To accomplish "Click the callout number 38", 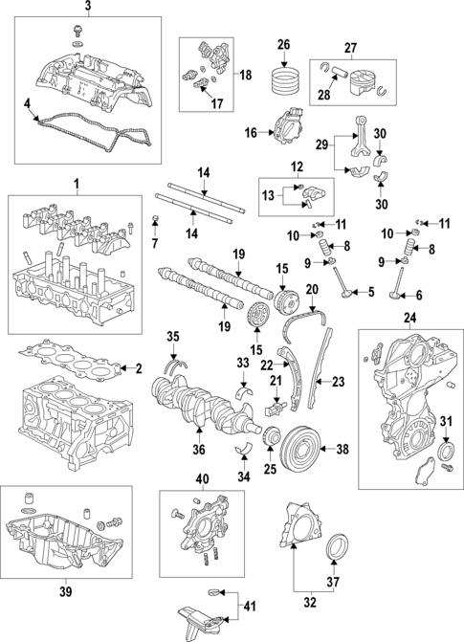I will pos(342,447).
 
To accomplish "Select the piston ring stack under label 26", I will pos(283,77).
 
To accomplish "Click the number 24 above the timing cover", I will pos(410,317).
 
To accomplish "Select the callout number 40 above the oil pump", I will pos(202,478).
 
